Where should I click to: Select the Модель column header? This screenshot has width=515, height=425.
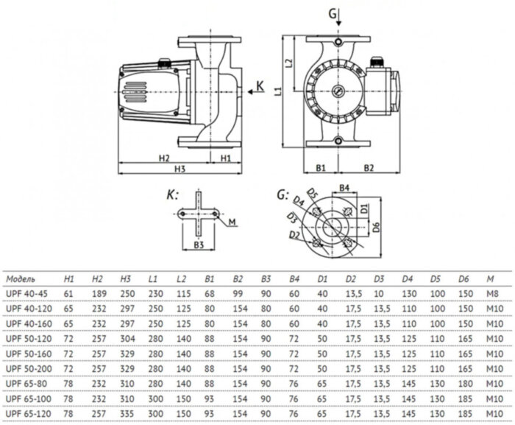[x=21, y=279]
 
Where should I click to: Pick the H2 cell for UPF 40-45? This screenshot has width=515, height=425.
[x=98, y=295]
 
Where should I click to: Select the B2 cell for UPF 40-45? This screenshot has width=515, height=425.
[x=238, y=295]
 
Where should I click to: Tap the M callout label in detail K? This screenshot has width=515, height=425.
[x=232, y=222]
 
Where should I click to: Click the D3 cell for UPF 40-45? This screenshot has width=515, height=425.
[x=380, y=295]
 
